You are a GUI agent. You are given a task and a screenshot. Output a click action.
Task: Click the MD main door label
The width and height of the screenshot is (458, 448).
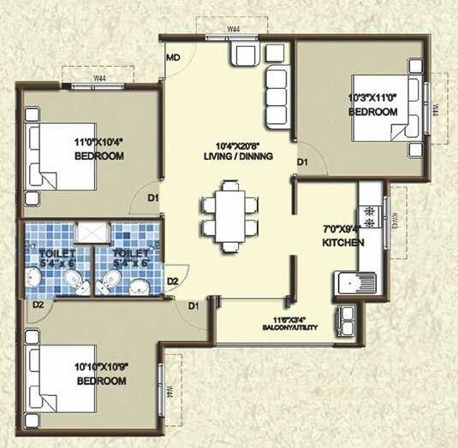pyautogui.click(x=173, y=58)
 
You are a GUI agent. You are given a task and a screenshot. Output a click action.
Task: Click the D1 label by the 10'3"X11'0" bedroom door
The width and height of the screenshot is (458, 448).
pyautogui.click(x=302, y=162)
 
